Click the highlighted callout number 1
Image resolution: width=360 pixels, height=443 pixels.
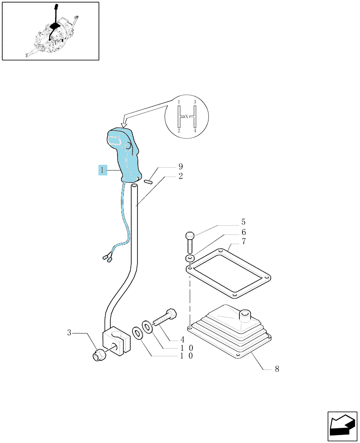[x=103, y=170]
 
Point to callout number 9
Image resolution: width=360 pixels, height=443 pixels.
[x=181, y=167]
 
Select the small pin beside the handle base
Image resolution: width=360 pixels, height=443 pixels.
[x=148, y=181]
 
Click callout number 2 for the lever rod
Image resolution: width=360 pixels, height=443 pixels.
[x=181, y=176]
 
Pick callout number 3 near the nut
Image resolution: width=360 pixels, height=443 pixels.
[x=69, y=333]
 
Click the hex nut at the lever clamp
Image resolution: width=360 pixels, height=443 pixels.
[x=98, y=354]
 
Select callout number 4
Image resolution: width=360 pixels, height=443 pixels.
[x=182, y=339]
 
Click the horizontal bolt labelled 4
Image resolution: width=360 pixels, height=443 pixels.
[x=164, y=318]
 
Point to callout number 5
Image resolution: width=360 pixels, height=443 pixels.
[x=243, y=222]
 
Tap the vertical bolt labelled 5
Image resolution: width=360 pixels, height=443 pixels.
[x=189, y=242]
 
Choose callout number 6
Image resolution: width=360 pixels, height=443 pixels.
[x=243, y=232]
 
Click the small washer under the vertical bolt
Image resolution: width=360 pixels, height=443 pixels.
[x=189, y=258]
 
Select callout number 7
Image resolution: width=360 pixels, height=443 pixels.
[x=243, y=241]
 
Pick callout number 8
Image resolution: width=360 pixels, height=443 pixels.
[x=277, y=369]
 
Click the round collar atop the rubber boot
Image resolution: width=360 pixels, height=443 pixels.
[x=244, y=315]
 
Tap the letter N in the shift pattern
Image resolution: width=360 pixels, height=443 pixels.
[x=186, y=116]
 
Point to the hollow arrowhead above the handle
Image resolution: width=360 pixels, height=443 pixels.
[x=123, y=124]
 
